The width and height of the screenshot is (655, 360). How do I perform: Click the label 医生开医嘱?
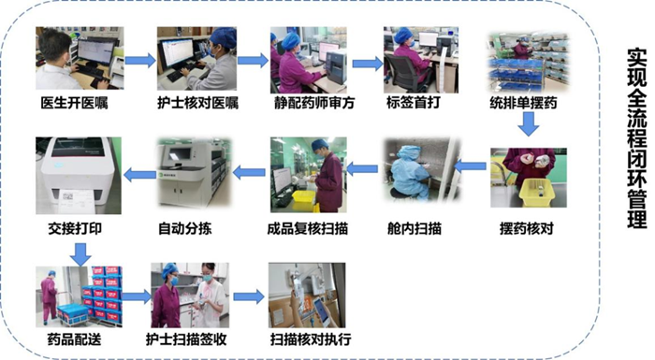(74, 103)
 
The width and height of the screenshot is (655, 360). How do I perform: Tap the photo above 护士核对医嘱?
(196, 59)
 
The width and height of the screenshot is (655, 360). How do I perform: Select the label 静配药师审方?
(314, 103)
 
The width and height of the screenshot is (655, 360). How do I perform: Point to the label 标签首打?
(414, 102)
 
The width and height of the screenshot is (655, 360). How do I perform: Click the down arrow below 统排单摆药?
(529, 124)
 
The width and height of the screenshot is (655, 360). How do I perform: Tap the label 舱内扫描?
(414, 228)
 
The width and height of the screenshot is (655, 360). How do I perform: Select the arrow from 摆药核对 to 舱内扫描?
(470, 166)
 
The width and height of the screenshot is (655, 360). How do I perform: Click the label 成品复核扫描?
(308, 228)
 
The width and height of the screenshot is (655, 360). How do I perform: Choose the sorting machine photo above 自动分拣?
(194, 173)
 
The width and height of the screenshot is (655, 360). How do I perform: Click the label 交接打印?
(74, 228)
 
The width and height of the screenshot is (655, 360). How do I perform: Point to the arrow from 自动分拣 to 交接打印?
(139, 174)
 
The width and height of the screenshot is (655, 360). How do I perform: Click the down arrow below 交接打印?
(80, 254)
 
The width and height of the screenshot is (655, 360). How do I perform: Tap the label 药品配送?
(74, 339)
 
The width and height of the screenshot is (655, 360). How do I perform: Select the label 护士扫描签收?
(186, 339)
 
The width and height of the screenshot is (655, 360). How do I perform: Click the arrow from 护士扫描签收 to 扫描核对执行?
(249, 297)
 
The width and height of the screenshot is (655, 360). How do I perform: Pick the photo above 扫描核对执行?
(307, 295)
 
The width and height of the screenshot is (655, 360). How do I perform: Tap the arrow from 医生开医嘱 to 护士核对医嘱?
(140, 60)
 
